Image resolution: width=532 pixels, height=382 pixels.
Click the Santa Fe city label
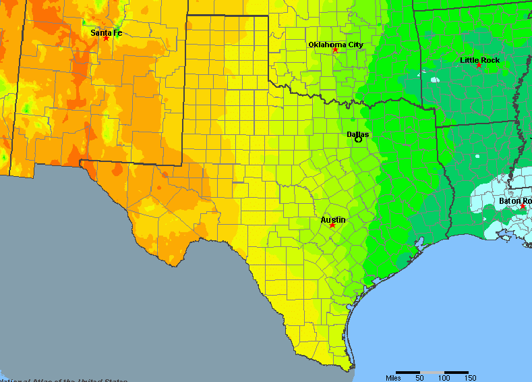coord(106,32)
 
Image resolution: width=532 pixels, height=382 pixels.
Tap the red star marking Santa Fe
coord(106,38)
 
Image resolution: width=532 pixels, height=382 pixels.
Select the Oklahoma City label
coord(335,45)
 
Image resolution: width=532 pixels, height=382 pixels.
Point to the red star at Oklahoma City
coord(335,50)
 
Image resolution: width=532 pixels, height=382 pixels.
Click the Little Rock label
coord(479,60)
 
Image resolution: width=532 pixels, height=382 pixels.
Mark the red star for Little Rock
coord(479,65)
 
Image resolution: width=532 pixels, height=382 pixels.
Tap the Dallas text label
coord(357,134)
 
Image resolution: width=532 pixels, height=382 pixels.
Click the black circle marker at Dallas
coord(359,139)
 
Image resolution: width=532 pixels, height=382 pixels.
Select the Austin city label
coord(333,219)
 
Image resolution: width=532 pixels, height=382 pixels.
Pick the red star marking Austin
coord(332,225)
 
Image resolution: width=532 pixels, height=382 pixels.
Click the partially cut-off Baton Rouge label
coord(514,200)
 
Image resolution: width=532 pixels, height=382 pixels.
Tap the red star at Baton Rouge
coord(523,207)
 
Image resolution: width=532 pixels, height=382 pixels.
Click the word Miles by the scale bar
coord(393,378)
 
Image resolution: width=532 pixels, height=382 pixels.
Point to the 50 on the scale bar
coord(419,378)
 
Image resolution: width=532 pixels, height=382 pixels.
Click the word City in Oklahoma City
coord(355,45)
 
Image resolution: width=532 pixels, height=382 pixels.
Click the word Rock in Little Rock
coord(490,60)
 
